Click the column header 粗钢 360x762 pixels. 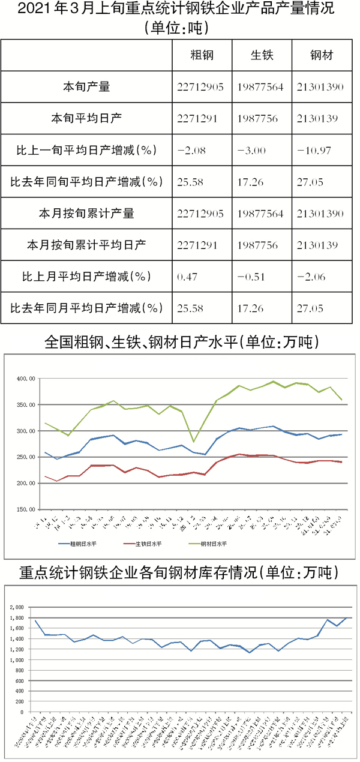click(202, 55)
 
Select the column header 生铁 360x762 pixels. click(262, 55)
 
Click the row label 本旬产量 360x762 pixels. click(86, 87)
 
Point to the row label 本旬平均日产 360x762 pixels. click(86, 119)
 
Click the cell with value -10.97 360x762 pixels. click(314, 150)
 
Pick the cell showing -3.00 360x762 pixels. click(252, 150)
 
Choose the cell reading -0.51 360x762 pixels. click(252, 277)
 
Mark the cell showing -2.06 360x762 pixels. click(312, 277)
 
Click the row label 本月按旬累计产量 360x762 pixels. click(86, 214)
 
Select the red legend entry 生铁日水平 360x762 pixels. click(146, 544)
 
